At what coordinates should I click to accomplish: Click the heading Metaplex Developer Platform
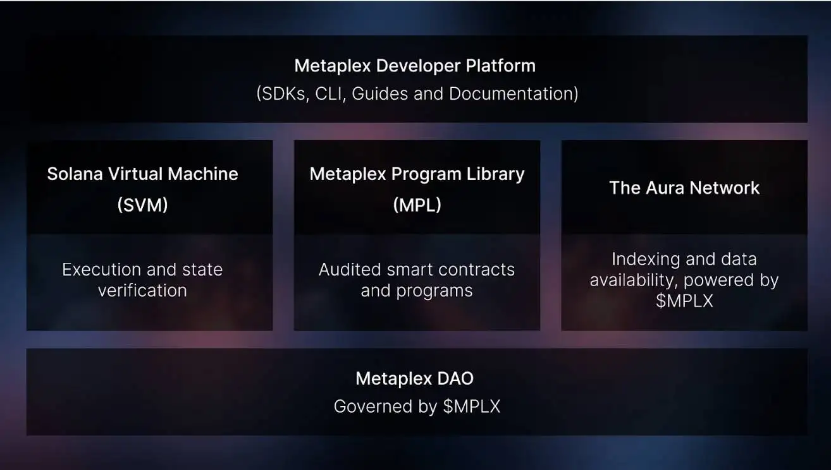click(415, 66)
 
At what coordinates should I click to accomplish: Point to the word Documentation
click(510, 93)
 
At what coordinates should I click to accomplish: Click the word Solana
click(75, 174)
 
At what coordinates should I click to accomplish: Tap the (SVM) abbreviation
click(142, 205)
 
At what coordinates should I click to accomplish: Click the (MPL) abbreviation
click(417, 205)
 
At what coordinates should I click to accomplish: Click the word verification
click(142, 290)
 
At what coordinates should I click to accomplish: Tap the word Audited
click(350, 270)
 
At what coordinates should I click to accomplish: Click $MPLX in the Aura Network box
click(684, 301)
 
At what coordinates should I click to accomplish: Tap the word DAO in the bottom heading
click(455, 379)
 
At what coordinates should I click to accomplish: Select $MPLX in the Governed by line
click(472, 407)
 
